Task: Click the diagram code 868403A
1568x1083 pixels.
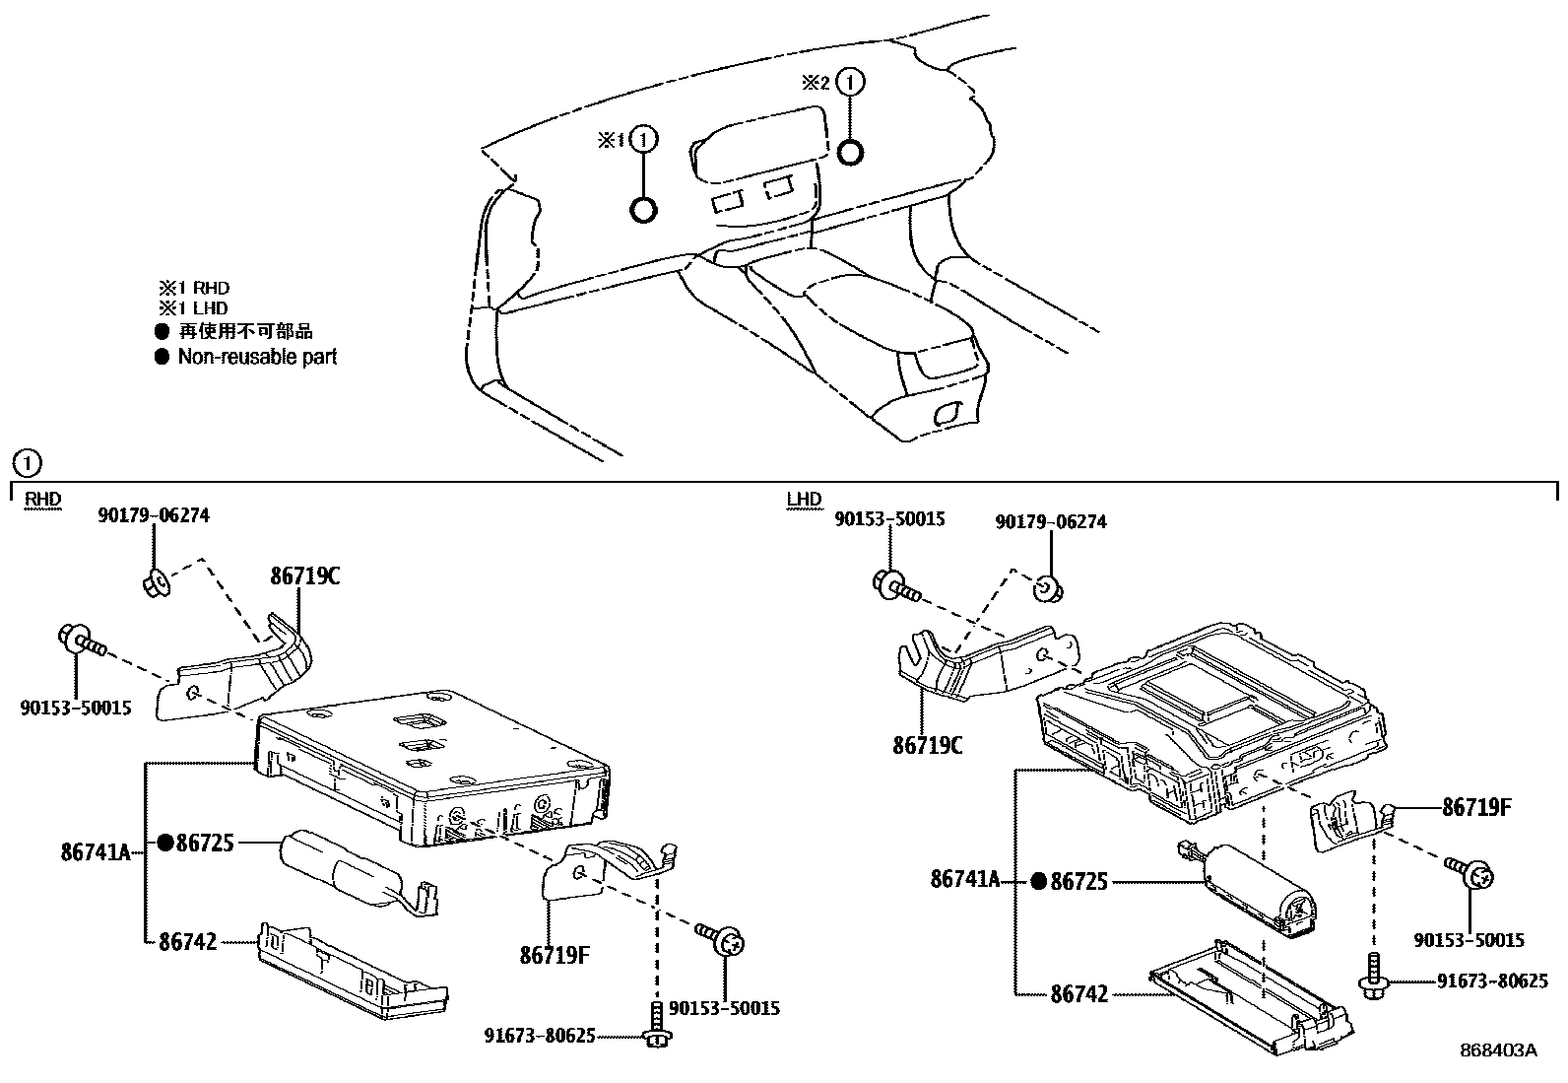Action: [1498, 1050]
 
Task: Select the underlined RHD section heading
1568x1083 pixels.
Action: [42, 499]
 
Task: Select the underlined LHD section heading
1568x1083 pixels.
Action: [804, 499]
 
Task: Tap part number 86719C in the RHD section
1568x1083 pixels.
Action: [305, 575]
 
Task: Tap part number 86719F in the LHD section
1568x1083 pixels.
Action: [1476, 808]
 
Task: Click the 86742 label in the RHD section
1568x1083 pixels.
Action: [187, 941]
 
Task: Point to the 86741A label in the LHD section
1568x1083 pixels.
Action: [964, 879]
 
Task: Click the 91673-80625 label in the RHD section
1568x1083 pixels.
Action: [539, 1036]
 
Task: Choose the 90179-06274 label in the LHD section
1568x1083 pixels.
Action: [1051, 522]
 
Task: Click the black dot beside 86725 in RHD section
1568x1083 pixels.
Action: [165, 842]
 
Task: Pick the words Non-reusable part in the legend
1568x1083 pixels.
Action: [258, 357]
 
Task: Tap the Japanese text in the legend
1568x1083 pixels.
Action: [245, 331]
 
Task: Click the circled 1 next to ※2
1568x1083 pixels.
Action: [851, 82]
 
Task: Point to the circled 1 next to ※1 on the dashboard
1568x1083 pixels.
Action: [644, 139]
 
